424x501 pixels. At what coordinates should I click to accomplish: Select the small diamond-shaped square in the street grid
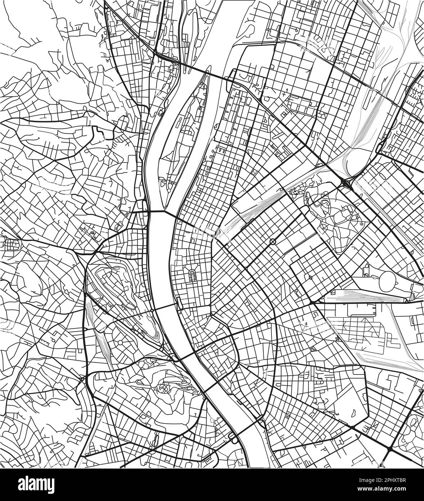pyautogui.click(x=310, y=278)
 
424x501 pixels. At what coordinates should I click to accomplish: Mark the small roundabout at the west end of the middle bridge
pyautogui.click(x=153, y=310)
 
